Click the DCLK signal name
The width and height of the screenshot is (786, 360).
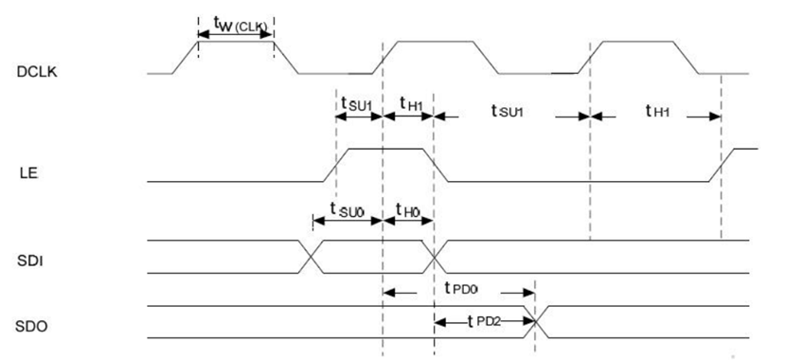coord(37,73)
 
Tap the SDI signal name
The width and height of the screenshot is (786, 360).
coord(29,261)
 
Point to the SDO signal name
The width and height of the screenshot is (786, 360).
coord(31,327)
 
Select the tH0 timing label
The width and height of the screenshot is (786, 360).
coord(407,208)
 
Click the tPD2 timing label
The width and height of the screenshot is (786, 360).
coord(484,321)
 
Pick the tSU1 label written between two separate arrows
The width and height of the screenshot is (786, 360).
coord(508,111)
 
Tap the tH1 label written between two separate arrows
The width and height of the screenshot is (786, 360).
coord(657,111)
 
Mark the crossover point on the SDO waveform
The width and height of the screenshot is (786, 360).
coord(536,322)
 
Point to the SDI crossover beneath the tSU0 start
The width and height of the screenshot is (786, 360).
coord(312,258)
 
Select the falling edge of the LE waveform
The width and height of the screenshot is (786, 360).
coord(435,165)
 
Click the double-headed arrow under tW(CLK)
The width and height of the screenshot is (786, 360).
coord(235,35)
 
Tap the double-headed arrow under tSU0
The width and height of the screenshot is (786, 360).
coord(348,220)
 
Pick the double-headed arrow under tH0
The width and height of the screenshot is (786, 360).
coord(408,220)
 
